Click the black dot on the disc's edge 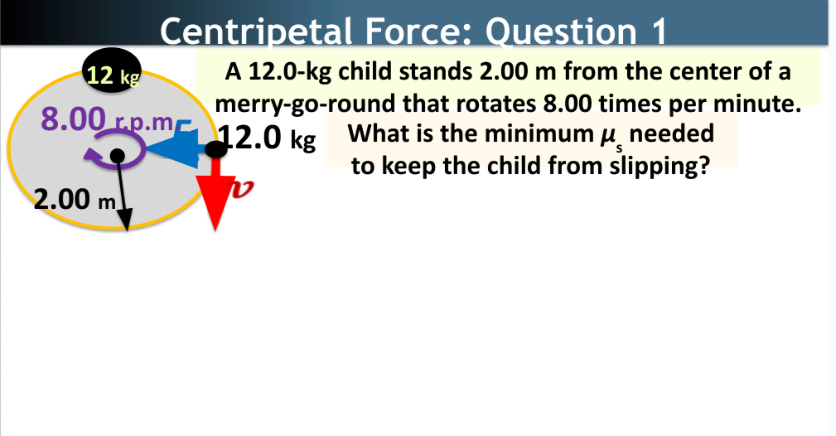215,149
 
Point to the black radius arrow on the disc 122,194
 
